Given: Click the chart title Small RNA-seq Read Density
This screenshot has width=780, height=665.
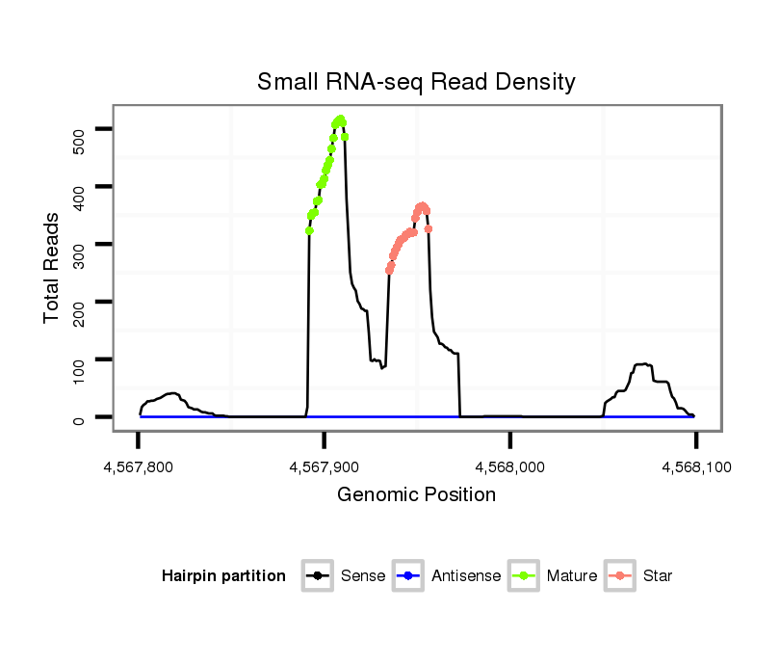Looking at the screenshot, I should pos(416,83).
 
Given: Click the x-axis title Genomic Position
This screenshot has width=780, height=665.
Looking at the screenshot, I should pos(416,495).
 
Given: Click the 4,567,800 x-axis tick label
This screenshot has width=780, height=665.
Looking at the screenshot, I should pos(139,467).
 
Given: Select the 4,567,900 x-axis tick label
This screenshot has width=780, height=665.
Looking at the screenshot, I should pos(325,467).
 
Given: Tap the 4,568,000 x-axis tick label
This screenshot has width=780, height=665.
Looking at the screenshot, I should pos(510,467).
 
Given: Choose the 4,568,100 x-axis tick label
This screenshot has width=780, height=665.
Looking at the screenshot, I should pos(695,467).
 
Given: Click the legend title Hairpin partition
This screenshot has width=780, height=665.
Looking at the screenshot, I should pos(223,576).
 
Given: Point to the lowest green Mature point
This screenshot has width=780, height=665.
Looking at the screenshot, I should pos(309,230).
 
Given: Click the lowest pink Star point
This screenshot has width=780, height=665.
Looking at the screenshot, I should pos(389,271).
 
